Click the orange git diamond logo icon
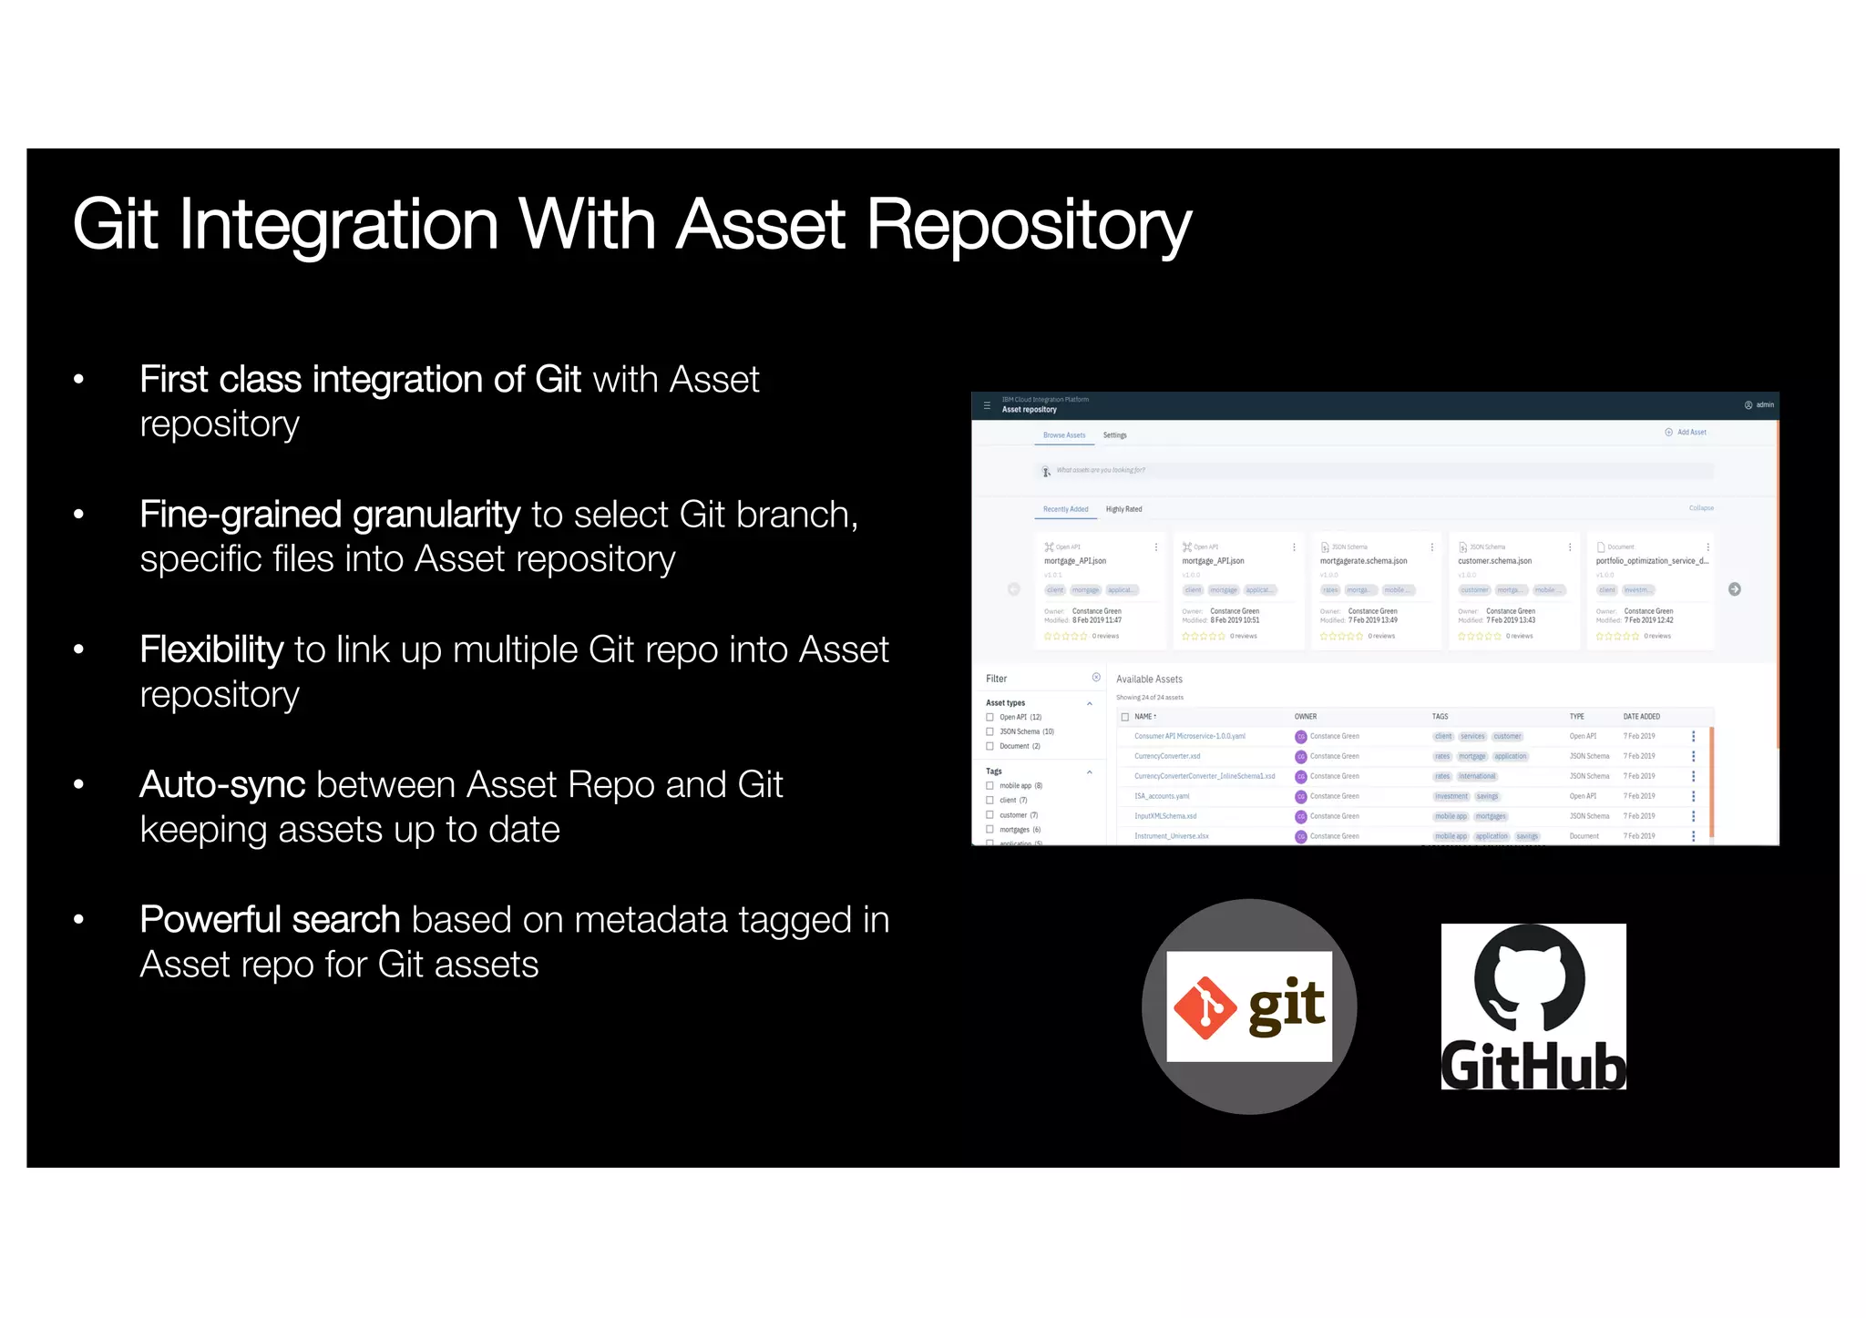[1205, 1007]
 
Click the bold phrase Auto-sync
[222, 785]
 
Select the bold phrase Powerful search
[270, 920]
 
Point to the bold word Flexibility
[211, 650]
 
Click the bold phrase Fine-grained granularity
[330, 516]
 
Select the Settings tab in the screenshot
[1114, 435]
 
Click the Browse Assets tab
[1063, 435]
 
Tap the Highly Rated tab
[1123, 509]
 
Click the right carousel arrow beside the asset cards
[1735, 589]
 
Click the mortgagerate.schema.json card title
[1363, 561]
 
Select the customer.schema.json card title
[1494, 561]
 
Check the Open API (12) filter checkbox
[990, 718]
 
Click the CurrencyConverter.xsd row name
[1167, 756]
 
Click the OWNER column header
[1305, 717]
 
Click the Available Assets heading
[1149, 679]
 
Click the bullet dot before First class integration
[79, 380]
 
